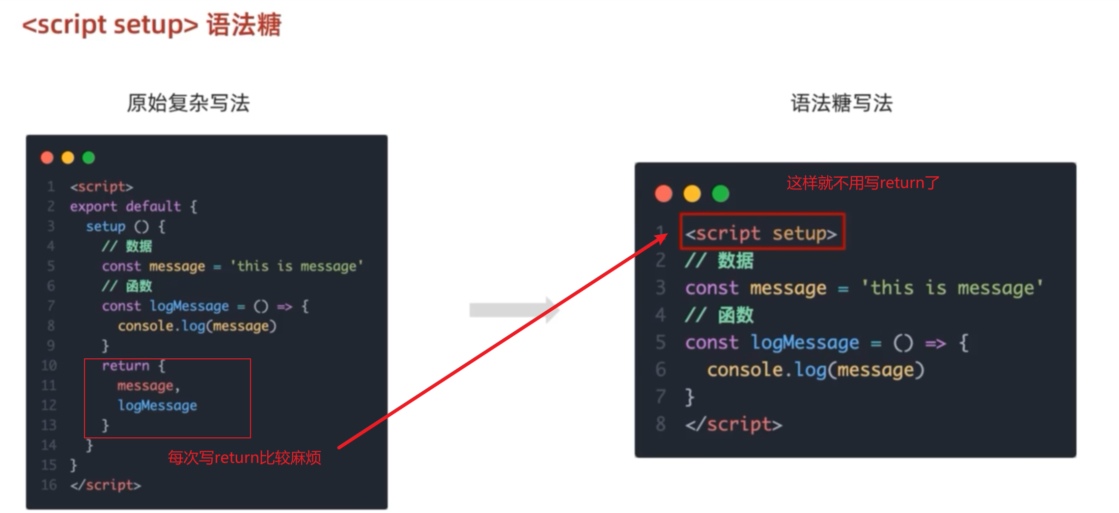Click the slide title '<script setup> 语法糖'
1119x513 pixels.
tap(152, 25)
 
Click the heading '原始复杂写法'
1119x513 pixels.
tap(188, 103)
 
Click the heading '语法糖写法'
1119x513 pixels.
tap(841, 103)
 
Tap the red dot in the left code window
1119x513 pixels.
tap(47, 158)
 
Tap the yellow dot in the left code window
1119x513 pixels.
tap(68, 158)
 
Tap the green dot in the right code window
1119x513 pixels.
tap(721, 193)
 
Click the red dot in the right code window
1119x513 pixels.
tap(664, 193)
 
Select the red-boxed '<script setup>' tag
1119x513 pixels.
tap(761, 233)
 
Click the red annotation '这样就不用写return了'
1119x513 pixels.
tap(863, 183)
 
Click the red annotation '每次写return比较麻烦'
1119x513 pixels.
tap(245, 458)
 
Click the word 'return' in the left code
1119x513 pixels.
tap(125, 366)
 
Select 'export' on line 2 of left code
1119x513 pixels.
tap(93, 207)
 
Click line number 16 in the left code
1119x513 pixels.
tap(49, 485)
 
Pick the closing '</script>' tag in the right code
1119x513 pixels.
tap(733, 424)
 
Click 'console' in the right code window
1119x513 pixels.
tap(744, 370)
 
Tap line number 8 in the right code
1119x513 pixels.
tap(661, 423)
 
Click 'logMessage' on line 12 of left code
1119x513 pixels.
tap(157, 405)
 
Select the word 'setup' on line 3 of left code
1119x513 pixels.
tap(106, 226)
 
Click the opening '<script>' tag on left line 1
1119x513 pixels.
tap(101, 187)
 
